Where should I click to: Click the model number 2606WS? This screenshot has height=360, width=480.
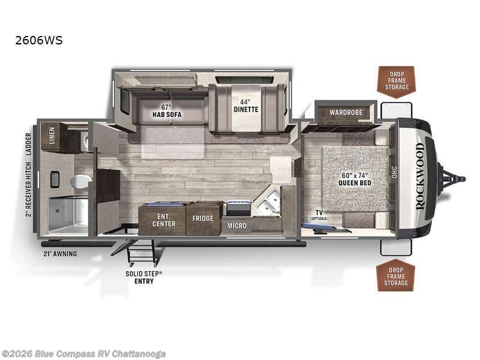click(39, 40)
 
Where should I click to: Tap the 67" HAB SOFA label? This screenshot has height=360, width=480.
click(167, 111)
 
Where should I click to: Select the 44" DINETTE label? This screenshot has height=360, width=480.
click(246, 106)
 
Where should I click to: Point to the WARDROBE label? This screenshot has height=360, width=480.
click(346, 112)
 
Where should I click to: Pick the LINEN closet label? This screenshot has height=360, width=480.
click(52, 136)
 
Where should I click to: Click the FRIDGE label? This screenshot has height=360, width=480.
click(203, 218)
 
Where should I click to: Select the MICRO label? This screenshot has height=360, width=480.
click(236, 226)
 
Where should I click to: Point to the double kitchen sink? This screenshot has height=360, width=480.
click(268, 202)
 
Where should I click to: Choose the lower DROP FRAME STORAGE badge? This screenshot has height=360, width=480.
click(396, 275)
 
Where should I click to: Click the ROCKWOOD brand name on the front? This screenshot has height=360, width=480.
click(421, 176)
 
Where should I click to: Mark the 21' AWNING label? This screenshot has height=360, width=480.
click(60, 254)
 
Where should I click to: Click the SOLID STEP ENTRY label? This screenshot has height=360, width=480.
click(144, 277)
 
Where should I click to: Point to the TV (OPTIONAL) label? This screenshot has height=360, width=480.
click(320, 215)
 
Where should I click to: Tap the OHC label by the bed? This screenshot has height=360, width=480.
click(394, 172)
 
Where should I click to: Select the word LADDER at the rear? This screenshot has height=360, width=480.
click(28, 144)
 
